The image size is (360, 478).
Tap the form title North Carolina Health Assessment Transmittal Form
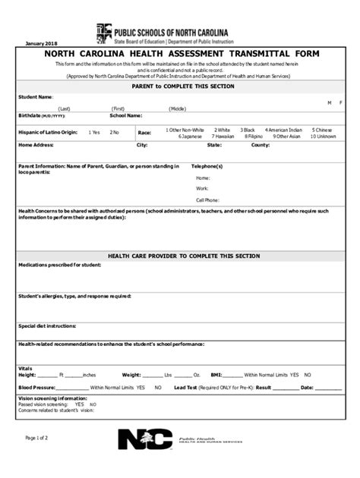(180, 55)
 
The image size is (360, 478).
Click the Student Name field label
(36, 97)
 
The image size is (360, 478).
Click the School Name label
(126, 115)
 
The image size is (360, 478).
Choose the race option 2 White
(222, 130)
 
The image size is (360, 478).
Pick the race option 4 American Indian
(286, 130)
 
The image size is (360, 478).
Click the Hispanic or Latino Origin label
(48, 132)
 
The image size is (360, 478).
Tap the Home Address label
(36, 144)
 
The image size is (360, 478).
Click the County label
(261, 144)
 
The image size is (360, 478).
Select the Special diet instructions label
(47, 324)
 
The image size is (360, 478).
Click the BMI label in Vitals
(216, 375)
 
